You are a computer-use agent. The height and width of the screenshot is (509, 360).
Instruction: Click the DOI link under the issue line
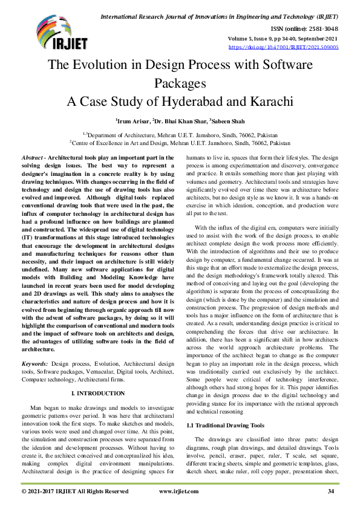coord(283,47)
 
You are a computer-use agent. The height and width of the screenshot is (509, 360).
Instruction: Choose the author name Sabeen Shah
coord(229,121)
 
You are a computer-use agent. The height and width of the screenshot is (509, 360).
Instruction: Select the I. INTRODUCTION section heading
coord(97,393)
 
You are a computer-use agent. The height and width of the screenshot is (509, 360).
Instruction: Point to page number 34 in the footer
coord(331,491)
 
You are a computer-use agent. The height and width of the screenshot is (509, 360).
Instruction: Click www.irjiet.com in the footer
coord(178,491)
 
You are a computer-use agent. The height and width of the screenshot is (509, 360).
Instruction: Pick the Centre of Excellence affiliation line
coord(180,143)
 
